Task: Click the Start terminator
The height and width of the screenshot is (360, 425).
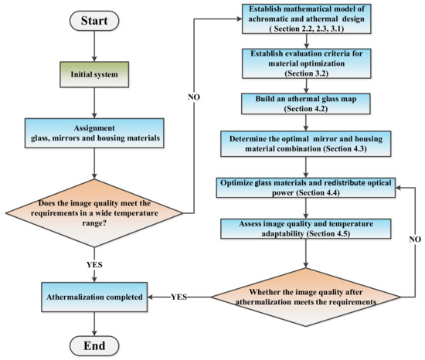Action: tap(94, 21)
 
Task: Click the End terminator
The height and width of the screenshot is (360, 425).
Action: tap(94, 345)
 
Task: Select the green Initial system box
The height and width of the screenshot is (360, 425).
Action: tap(94, 74)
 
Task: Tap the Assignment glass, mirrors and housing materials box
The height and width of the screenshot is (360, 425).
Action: tap(94, 133)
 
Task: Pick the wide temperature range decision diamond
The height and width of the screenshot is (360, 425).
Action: tap(94, 213)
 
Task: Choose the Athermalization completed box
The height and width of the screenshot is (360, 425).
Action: tap(94, 297)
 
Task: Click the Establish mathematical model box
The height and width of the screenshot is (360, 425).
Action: tap(307, 19)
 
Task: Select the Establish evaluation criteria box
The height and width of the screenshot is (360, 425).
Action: tap(307, 63)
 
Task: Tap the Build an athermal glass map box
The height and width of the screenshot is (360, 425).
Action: tap(306, 104)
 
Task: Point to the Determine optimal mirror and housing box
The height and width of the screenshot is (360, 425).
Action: tap(306, 144)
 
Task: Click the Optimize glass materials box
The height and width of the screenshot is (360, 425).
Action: tap(306, 188)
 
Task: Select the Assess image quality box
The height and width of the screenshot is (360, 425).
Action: tap(306, 229)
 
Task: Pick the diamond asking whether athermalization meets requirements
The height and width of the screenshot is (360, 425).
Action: tap(306, 297)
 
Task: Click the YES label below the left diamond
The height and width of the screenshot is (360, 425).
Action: tap(94, 264)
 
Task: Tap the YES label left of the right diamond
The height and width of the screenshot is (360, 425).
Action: tap(179, 297)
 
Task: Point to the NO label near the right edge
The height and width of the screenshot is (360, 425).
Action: tap(415, 239)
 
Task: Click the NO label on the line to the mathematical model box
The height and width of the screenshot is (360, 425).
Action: tap(194, 97)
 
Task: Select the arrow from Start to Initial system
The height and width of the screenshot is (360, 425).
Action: tap(94, 46)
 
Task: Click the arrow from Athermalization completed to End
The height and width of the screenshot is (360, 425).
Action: tap(94, 324)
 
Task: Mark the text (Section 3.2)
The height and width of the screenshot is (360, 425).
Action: tap(307, 73)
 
